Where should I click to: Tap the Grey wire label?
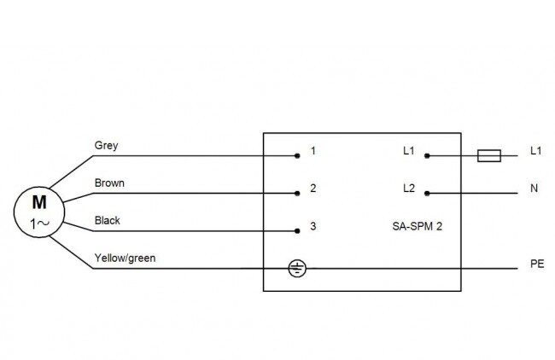pos(106,145)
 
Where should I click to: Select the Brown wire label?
pos(109,183)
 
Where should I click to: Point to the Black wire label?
pos(108,220)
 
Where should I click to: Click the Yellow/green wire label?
pos(125,258)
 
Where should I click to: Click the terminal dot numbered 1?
pos(297,155)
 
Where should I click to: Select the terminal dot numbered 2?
pos(297,194)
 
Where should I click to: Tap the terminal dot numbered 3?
pos(297,231)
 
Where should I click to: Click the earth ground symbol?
pos(297,269)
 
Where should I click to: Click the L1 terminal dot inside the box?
pos(427,155)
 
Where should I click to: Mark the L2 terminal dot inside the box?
pos(427,194)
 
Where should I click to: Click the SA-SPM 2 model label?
pos(418,226)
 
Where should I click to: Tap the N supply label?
pos(535,189)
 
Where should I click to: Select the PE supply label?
pos(537,264)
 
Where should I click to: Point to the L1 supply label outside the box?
pos(536,151)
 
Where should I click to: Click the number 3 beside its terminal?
pos(313,226)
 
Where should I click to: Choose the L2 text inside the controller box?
pos(409,189)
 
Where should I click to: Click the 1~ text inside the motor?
pos(39,224)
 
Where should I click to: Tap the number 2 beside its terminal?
pos(313,189)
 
